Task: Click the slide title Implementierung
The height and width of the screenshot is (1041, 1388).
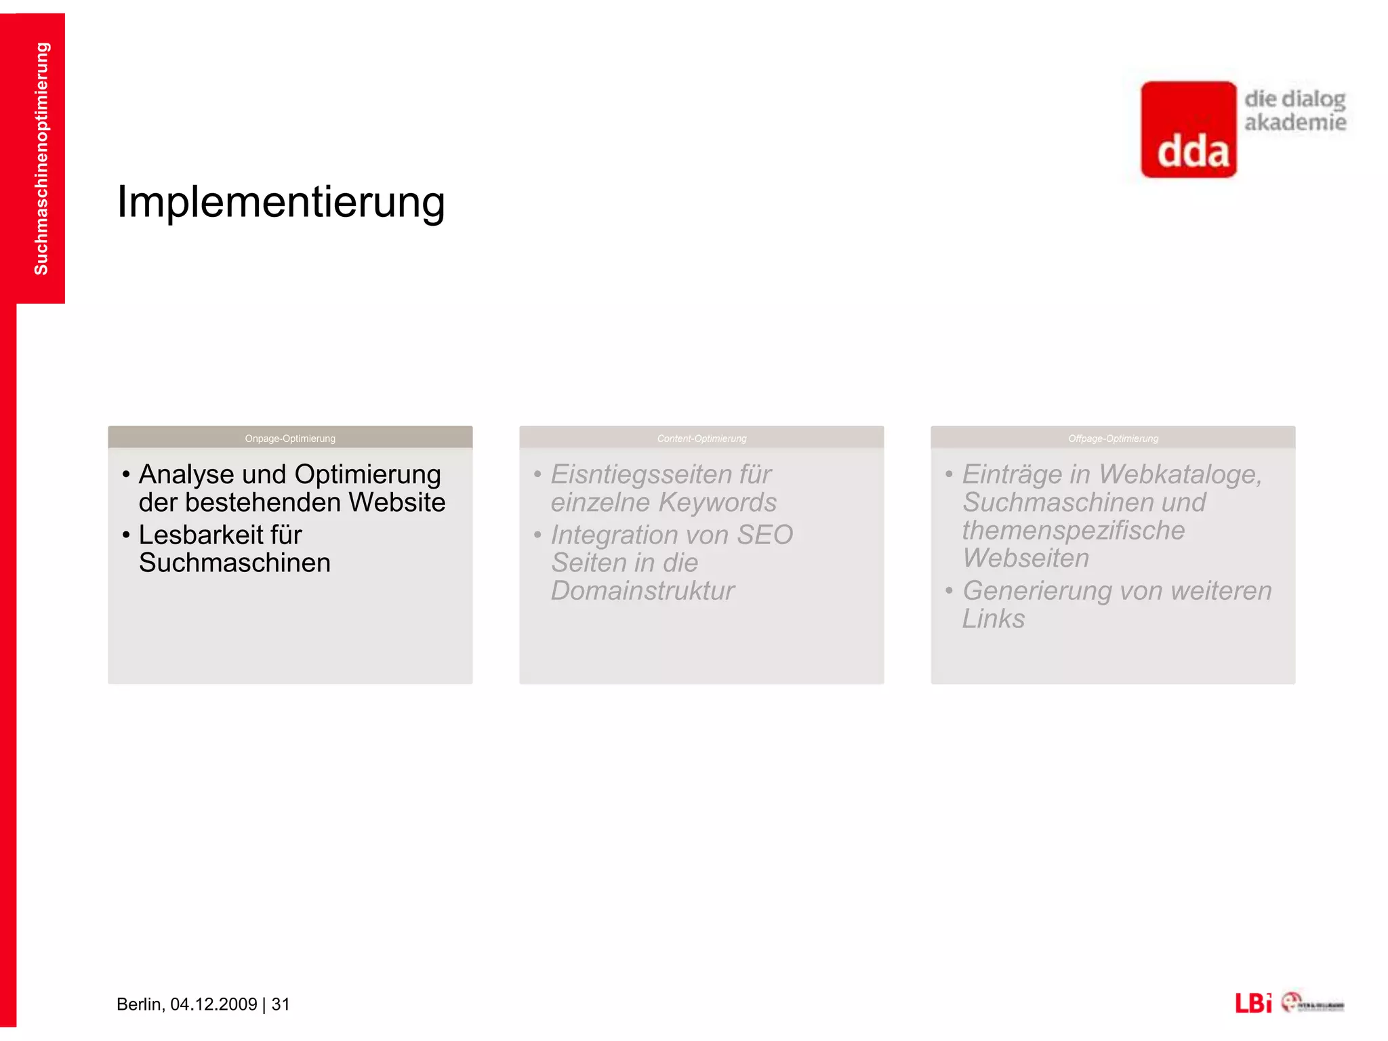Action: pos(281,202)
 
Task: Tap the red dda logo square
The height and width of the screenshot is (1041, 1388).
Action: pos(1189,129)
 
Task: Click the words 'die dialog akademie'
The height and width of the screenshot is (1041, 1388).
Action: pos(1294,110)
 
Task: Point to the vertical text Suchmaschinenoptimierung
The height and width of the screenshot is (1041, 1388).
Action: pos(41,159)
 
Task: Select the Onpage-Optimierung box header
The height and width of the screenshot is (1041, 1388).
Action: pos(290,438)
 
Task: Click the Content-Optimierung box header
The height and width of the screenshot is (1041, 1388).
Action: pos(701,438)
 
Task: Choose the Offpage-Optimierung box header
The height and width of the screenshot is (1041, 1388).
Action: pos(1113,438)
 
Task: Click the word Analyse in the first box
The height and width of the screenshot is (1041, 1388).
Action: pos(186,474)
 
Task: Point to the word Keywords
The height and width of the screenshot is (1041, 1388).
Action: pos(718,502)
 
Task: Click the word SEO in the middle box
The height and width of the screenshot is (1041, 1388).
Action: pos(764,535)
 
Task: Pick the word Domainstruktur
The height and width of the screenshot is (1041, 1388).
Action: pos(642,590)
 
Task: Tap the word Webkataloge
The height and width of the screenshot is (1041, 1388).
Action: pos(1180,474)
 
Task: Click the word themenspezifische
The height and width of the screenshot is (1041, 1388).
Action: pos(1074,530)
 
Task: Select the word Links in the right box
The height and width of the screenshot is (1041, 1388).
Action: pos(994,619)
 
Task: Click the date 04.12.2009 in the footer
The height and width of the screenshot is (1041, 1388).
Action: pos(213,1004)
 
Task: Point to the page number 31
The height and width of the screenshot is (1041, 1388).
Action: pos(281,1004)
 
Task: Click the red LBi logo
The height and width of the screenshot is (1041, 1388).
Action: pos(1252,1002)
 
